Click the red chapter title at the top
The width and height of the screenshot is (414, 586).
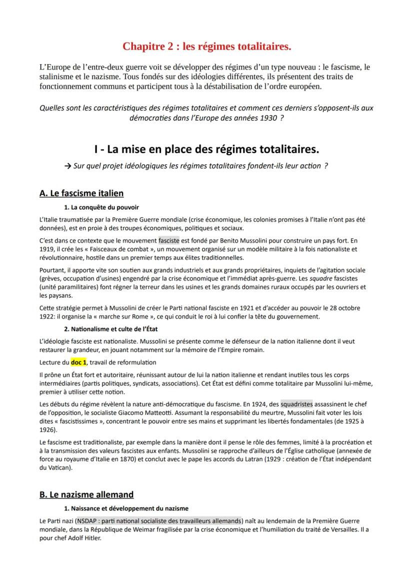[x=207, y=47]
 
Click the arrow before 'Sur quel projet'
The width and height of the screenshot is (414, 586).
[x=67, y=166]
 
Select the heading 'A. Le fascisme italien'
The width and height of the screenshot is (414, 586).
[x=81, y=193]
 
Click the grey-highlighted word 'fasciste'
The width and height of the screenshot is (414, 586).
[x=168, y=240]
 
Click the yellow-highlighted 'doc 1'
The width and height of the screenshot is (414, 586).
[x=78, y=362]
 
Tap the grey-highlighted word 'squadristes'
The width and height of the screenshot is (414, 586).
[x=296, y=403]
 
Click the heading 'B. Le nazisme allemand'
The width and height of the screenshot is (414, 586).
[x=86, y=494]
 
